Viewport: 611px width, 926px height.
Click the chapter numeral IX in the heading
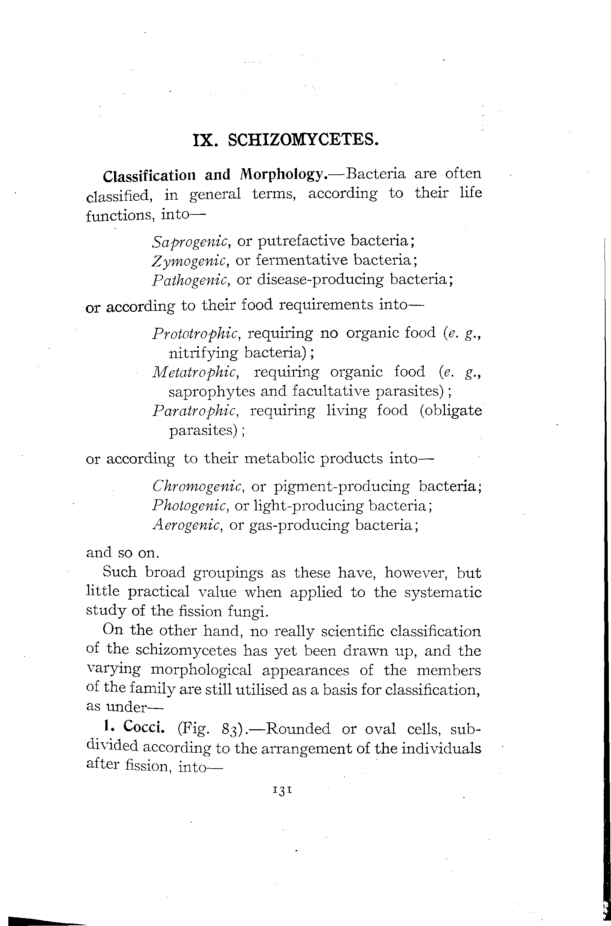click(x=204, y=140)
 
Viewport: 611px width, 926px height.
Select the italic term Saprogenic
click(x=190, y=242)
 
